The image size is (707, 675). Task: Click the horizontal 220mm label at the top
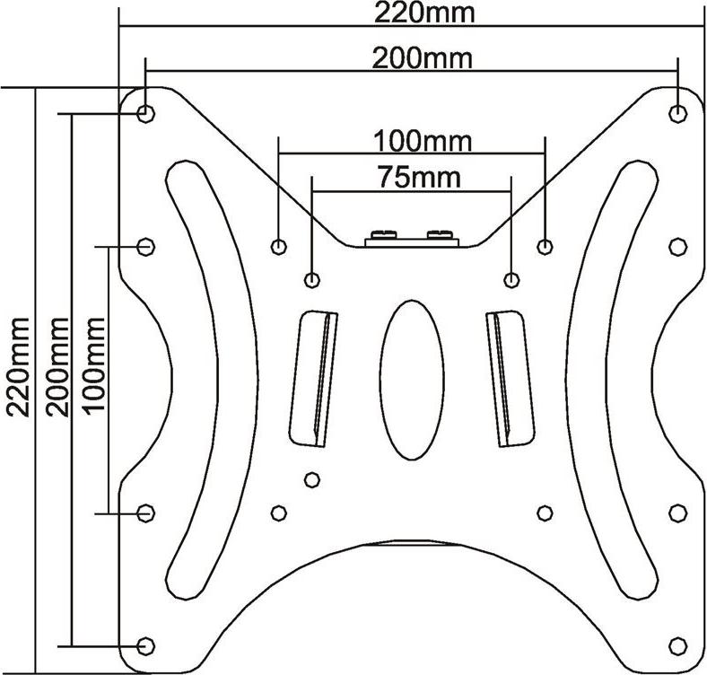pos(424,13)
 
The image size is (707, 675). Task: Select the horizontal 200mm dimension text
pos(423,58)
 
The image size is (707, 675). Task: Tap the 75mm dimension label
pos(419,178)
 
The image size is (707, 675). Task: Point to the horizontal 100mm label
pos(423,141)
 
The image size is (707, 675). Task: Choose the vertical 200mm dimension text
pos(57,367)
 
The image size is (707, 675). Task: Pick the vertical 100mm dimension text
pos(94,364)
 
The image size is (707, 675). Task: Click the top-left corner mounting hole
pos(145,113)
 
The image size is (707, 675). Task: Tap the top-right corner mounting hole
pos(677,113)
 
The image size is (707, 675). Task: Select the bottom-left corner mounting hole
pos(145,645)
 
